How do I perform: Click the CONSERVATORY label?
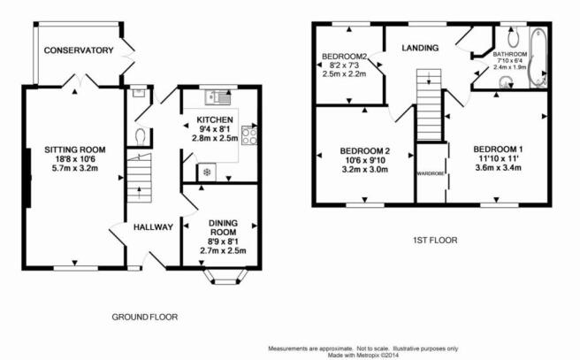[79, 50]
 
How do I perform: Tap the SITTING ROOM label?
[75, 149]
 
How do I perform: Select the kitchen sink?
[218, 97]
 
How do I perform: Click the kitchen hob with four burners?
[249, 135]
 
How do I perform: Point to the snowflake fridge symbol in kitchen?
[207, 172]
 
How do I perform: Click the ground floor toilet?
[141, 136]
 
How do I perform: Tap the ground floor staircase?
[140, 178]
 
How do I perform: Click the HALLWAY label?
[153, 227]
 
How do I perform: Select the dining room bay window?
[225, 277]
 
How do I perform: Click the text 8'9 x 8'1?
[223, 241]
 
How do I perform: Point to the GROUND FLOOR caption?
[145, 317]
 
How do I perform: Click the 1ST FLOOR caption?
[435, 241]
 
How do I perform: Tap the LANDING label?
[420, 48]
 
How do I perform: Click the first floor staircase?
[429, 104]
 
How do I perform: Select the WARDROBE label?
[431, 173]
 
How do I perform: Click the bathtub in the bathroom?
[538, 57]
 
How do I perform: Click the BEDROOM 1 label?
[498, 149]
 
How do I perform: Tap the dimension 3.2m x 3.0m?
[365, 170]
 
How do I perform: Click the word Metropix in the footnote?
[367, 356]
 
